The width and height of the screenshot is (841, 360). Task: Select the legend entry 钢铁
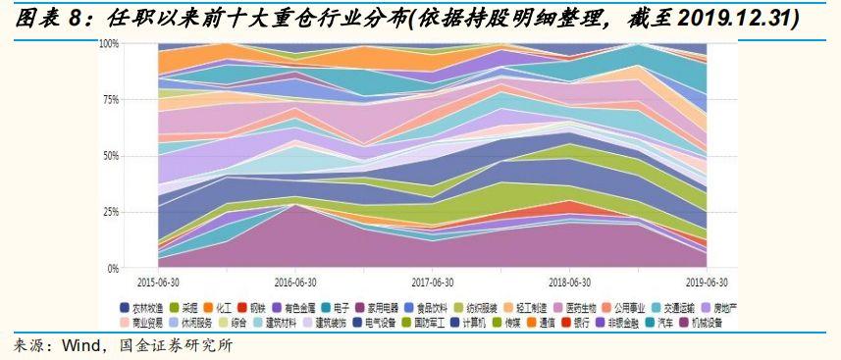point(256,307)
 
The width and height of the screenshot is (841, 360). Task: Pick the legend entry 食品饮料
point(423,307)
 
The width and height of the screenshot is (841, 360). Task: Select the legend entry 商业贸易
point(140,322)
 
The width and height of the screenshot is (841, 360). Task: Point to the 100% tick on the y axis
point(109,44)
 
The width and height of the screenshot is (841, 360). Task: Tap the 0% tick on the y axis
point(113,268)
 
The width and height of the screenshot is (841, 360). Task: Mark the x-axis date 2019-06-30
point(705,280)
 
